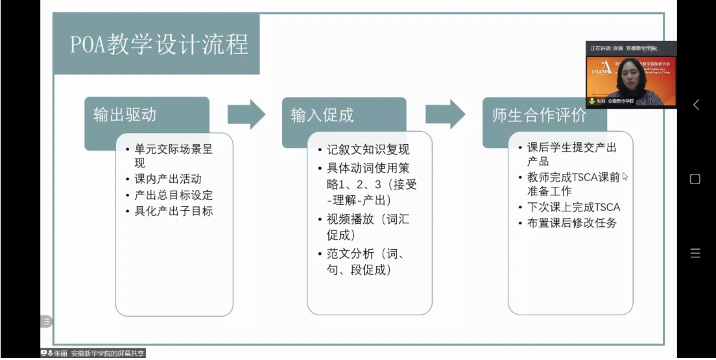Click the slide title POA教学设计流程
pyautogui.click(x=160, y=44)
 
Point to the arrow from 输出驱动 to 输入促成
pyautogui.click(x=246, y=115)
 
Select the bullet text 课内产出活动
pyautogui.click(x=168, y=180)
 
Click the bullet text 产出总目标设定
pyautogui.click(x=173, y=195)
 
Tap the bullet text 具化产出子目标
pyautogui.click(x=173, y=211)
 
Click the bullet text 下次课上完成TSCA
pyautogui.click(x=573, y=207)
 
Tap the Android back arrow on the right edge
pyautogui.click(x=696, y=104)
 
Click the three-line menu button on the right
pyautogui.click(x=695, y=254)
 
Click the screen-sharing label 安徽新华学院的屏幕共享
pyautogui.click(x=108, y=354)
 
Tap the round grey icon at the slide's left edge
pyautogui.click(x=45, y=321)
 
